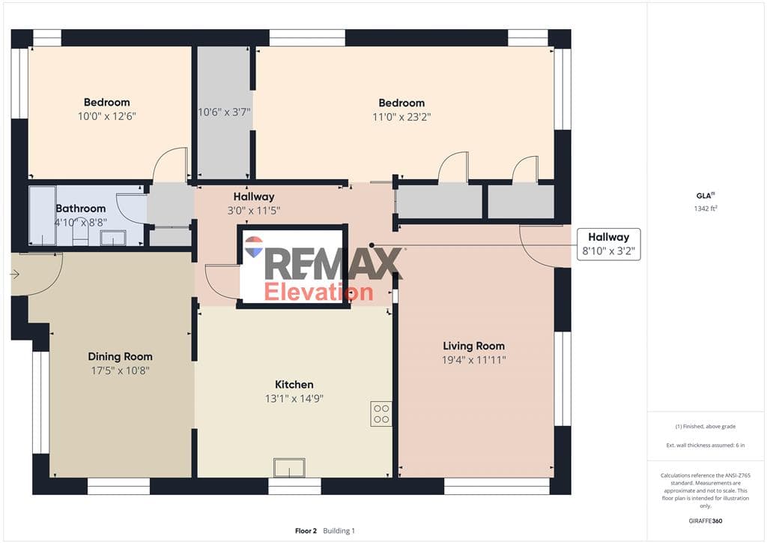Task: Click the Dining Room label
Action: click(121, 356)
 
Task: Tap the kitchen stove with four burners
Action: click(381, 414)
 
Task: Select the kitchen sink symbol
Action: click(289, 467)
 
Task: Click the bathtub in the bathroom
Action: click(42, 215)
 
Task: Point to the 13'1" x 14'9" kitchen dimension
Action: click(294, 398)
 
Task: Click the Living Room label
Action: click(473, 346)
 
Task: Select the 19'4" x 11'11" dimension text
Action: click(473, 360)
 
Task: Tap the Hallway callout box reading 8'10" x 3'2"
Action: click(608, 244)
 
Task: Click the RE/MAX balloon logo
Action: click(254, 247)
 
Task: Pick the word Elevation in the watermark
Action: click(318, 292)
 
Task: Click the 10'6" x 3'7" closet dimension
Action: click(224, 112)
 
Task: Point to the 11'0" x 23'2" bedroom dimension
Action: click(401, 117)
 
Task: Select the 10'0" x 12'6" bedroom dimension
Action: click(106, 116)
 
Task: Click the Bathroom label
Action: click(81, 208)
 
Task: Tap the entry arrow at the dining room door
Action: click(15, 274)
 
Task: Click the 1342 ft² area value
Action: click(706, 208)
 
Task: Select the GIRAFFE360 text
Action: click(706, 521)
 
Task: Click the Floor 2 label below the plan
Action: click(306, 531)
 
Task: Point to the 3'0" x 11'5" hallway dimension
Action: click(253, 211)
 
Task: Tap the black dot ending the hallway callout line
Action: click(372, 244)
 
